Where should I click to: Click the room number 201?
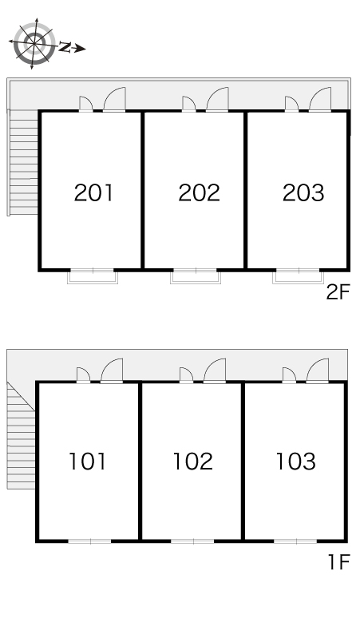pyautogui.click(x=93, y=192)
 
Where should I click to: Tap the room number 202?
pyautogui.click(x=199, y=192)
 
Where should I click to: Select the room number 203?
pyautogui.click(x=303, y=192)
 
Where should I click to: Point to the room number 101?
pyautogui.click(x=88, y=462)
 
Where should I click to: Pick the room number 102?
pyautogui.click(x=193, y=462)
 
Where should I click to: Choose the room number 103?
pyautogui.click(x=296, y=462)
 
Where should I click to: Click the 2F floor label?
pyautogui.click(x=338, y=292)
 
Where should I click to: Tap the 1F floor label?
pyautogui.click(x=339, y=562)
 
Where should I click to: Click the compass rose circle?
pyautogui.click(x=34, y=43)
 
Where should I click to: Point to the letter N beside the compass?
pyautogui.click(x=65, y=48)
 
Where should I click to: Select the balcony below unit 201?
pyautogui.click(x=93, y=277)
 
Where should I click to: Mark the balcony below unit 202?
pyautogui.click(x=196, y=277)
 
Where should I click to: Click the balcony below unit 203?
pyautogui.click(x=299, y=277)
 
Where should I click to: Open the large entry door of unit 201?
pyautogui.click(x=115, y=99)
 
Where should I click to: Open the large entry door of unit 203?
pyautogui.click(x=320, y=99)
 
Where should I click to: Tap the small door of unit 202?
pyautogui.click(x=189, y=104)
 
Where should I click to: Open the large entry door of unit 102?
pyautogui.click(x=215, y=370)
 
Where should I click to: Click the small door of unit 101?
pyautogui.click(x=84, y=375)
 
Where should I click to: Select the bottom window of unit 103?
pyautogui.click(x=295, y=541)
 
